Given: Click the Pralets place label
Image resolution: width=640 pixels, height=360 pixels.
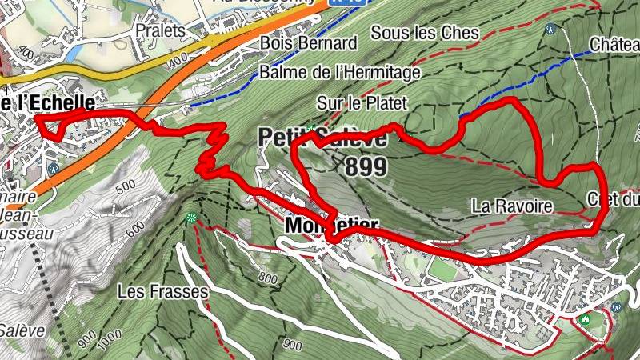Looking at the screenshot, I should point(160,30).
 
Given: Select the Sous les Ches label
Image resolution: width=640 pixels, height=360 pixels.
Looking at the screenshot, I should point(425,33).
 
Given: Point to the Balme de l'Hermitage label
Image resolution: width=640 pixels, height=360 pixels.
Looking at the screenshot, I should point(340,73).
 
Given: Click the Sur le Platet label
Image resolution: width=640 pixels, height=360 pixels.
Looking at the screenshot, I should point(362,103).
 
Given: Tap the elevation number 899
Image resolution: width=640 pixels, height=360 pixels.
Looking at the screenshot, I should point(366,167).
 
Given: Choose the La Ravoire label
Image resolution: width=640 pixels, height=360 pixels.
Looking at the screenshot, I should point(512,206).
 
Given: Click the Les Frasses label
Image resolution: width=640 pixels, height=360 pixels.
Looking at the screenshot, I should point(162,291).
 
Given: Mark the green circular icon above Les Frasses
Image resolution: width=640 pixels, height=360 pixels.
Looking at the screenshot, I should point(190,218).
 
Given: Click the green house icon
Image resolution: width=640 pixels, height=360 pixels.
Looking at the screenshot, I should point(586,320).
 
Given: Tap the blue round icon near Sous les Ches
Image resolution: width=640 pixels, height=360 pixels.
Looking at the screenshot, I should point(550,29).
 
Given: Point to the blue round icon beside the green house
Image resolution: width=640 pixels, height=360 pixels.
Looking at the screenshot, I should point(616,306).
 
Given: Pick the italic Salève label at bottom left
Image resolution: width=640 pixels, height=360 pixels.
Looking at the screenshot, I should point(16,330).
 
